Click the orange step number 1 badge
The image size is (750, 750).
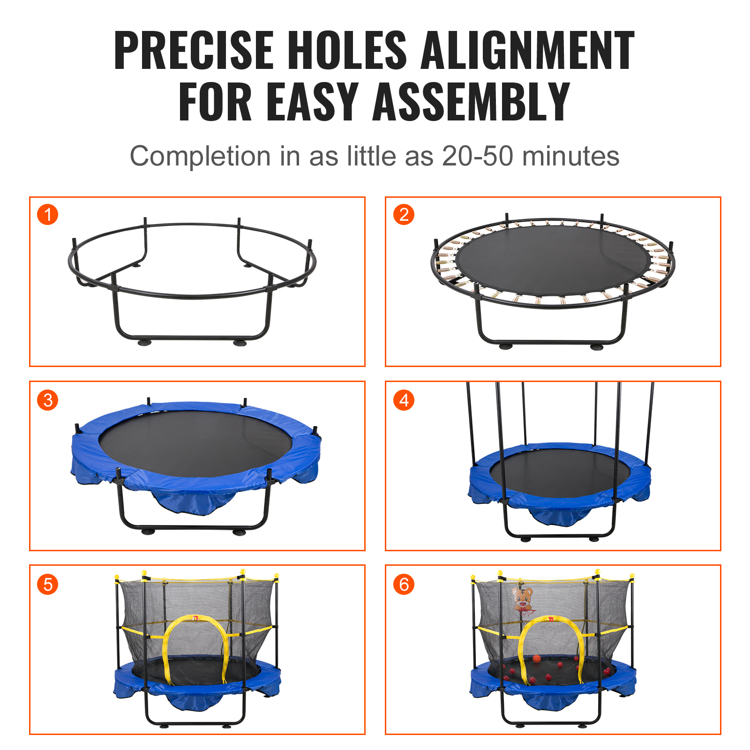point(47,215)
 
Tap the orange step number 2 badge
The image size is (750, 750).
point(404,215)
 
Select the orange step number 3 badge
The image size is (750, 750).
point(47,400)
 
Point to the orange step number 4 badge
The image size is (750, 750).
point(404,400)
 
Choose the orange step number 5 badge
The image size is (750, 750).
point(47,585)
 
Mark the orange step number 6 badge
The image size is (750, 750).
point(404,585)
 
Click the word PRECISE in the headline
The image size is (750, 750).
point(194,50)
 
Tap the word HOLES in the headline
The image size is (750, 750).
point(347,50)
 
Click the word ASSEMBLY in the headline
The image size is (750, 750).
point(471,102)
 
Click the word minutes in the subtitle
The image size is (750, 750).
point(571,156)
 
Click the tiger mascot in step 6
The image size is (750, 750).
point(523,599)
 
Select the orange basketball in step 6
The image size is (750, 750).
point(537,659)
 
